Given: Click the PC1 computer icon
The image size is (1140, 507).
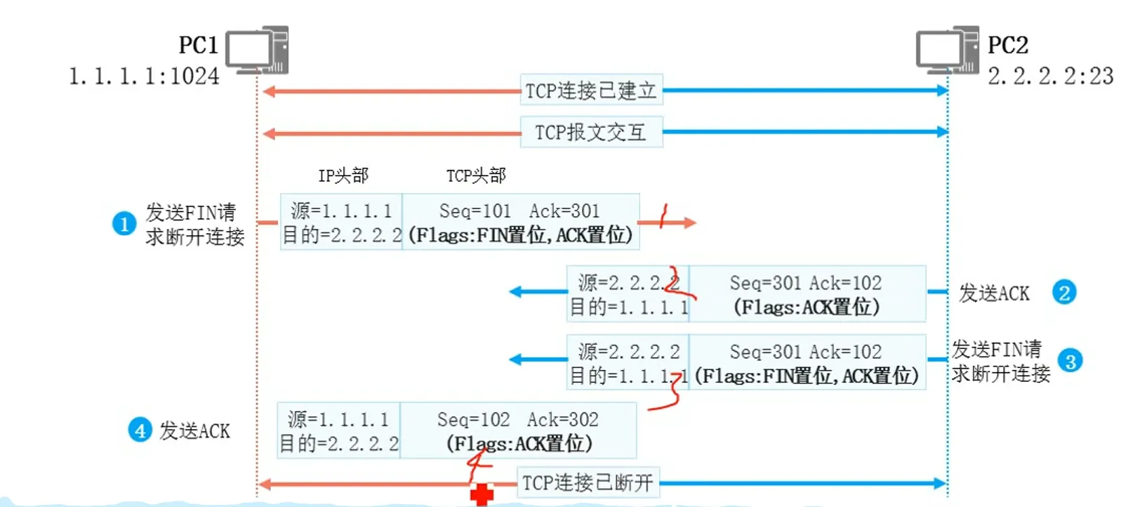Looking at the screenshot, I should coord(257,50).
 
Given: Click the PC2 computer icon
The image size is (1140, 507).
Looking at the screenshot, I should coord(947,50).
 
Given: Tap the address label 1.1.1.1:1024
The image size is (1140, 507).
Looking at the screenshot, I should coord(144,76).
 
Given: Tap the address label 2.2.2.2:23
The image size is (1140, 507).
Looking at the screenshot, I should coord(1050,76).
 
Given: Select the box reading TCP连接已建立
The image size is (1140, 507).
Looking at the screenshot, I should coord(591,91).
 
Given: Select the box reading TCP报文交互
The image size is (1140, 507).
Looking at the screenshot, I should coord(591,132).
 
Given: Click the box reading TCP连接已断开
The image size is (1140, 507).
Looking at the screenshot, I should coord(588,483).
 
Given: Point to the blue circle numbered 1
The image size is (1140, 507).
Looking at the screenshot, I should coord(124,224).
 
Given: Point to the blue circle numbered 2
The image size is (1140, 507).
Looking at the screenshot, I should coord(1064,292).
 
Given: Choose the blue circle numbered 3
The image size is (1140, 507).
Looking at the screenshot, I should coord(1071,361).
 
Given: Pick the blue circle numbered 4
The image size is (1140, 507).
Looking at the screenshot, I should coord(140,430).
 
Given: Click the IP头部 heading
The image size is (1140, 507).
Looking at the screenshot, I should coord(343,176).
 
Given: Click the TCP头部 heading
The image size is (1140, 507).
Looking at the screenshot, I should coord(476,176).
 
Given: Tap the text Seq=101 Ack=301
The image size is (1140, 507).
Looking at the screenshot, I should coord(519,211).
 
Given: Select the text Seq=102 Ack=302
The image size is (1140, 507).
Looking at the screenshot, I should coord(517,420).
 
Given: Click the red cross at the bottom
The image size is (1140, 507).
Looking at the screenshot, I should coord(482,494).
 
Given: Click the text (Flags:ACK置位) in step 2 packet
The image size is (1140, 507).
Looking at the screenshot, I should coord(806,307).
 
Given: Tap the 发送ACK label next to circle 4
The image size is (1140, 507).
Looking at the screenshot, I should coord(194,430).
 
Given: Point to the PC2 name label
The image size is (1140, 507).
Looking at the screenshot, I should coord(1007,45).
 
